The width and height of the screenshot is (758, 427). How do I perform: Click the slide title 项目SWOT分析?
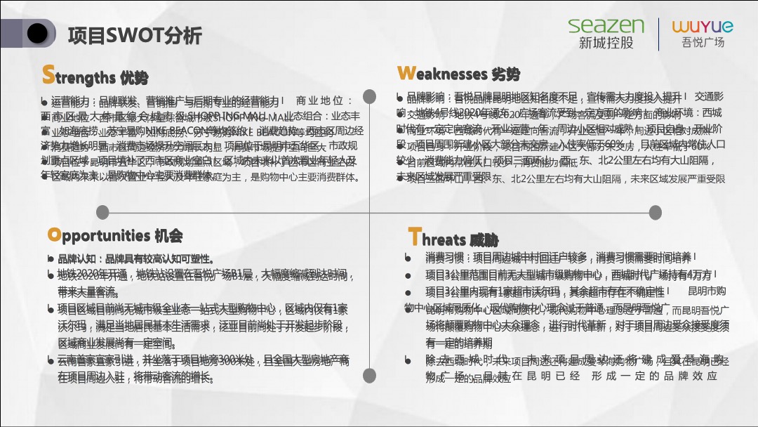point(135,34)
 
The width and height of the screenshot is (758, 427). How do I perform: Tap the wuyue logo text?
point(702,27)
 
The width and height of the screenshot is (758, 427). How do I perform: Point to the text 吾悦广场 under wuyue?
point(703,43)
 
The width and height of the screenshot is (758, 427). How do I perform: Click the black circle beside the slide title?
point(37,32)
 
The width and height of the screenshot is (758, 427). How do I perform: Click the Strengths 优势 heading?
point(95,76)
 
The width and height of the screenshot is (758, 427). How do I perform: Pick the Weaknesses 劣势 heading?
point(458,74)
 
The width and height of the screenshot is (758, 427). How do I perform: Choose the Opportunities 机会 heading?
point(114,235)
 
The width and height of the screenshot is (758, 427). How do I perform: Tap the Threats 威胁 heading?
point(453,239)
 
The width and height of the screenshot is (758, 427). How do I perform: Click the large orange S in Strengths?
point(48,74)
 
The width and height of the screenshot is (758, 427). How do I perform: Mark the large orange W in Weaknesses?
point(406,73)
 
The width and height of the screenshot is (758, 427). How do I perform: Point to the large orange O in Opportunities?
point(53,234)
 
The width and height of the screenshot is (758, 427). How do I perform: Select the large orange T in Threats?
point(414,237)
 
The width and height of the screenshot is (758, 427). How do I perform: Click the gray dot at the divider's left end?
point(102,212)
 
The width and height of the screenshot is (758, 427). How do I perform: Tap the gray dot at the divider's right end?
point(655,212)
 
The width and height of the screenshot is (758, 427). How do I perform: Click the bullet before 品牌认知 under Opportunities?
point(51,258)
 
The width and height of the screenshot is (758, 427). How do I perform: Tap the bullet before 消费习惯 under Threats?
point(408,258)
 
